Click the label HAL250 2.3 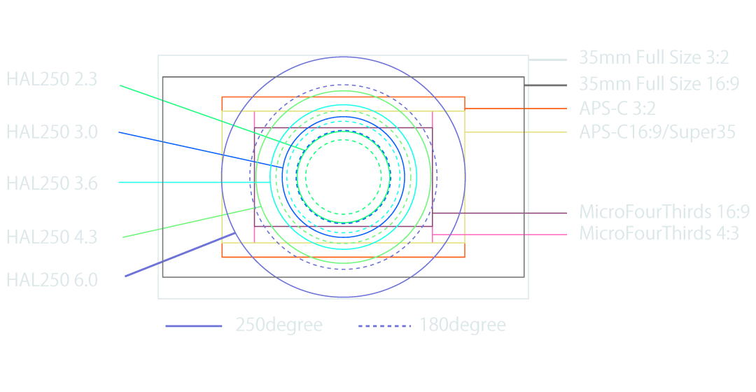(x=52, y=79)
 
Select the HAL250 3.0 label (x=52, y=132)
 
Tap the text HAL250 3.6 (x=52, y=183)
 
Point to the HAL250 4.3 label (x=52, y=237)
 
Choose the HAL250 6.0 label (x=52, y=280)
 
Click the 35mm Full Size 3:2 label (x=654, y=57)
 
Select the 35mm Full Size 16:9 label (x=659, y=83)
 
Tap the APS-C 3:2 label (x=617, y=108)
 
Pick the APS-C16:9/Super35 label (x=657, y=132)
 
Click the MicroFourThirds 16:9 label (x=664, y=211)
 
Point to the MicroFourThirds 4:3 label (x=659, y=233)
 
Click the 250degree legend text (x=279, y=325)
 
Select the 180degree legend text (x=463, y=325)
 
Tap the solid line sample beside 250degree (x=194, y=326)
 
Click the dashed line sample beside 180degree (x=384, y=326)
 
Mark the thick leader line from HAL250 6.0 (x=181, y=255)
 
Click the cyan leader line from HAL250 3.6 (x=195, y=182)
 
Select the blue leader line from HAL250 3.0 (x=201, y=150)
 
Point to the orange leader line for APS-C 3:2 (x=516, y=108)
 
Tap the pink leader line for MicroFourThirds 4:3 (x=500, y=234)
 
